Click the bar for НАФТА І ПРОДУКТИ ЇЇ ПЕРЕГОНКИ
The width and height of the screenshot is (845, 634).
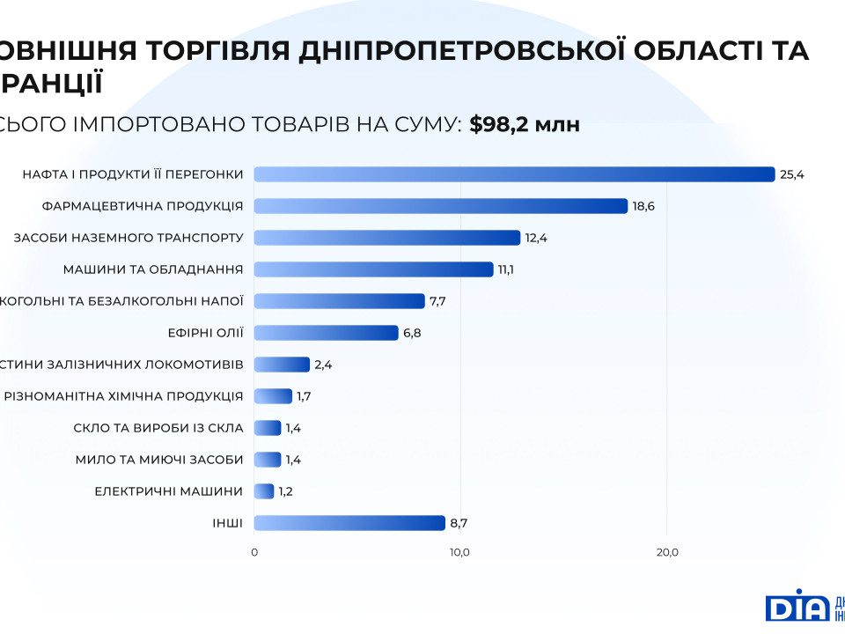514,174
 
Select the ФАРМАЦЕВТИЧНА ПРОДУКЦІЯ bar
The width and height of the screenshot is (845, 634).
440,206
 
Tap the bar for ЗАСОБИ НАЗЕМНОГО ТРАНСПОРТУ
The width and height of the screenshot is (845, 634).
387,238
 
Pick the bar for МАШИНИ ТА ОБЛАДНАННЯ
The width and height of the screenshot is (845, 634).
373,269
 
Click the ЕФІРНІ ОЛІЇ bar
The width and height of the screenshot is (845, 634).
326,333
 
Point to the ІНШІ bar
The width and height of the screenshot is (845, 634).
349,523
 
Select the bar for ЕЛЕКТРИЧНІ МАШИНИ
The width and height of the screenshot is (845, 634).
264,491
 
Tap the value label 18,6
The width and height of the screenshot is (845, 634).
643,206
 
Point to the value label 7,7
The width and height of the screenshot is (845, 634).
438,301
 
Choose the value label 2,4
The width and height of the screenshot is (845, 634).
323,365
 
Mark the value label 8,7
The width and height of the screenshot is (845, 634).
459,523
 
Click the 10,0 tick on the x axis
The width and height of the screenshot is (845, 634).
459,552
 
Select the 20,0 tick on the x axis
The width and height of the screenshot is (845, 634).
666,552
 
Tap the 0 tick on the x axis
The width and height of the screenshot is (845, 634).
254,552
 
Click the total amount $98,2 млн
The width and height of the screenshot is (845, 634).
525,124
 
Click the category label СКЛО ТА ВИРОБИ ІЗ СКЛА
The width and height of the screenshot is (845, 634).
158,428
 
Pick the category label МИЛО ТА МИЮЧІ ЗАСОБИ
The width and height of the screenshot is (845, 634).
160,460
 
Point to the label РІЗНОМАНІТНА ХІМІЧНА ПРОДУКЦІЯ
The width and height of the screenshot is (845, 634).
123,396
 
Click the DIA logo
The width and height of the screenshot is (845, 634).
797,606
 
